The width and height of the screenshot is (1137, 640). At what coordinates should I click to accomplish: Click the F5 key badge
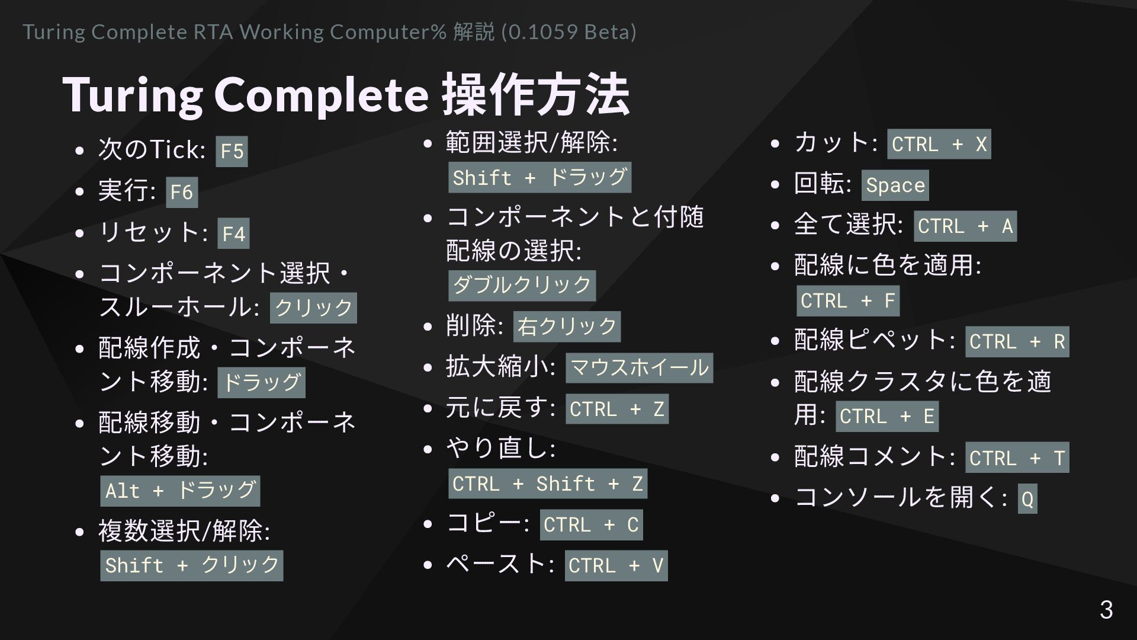point(232,151)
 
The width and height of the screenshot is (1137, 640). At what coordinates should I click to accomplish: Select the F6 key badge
point(182,192)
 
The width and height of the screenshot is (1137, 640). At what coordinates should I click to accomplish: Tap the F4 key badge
point(233,233)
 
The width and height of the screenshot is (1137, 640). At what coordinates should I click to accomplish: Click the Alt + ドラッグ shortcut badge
point(180,491)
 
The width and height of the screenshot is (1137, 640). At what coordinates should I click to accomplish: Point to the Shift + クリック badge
point(191,565)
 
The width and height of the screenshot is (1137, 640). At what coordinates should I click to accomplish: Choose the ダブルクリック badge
point(522,286)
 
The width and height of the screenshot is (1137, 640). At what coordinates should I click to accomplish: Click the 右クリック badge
point(567,327)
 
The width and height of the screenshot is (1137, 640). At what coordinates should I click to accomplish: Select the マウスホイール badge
point(639,368)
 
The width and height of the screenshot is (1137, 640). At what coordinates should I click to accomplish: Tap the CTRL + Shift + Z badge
point(547,484)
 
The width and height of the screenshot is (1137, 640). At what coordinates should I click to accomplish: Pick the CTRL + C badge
point(591,524)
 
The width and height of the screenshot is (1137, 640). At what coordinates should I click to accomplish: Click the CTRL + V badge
point(616,565)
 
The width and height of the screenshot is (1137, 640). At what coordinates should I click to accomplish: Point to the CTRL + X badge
point(939,144)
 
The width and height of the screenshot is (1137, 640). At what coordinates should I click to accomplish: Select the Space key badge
point(895,185)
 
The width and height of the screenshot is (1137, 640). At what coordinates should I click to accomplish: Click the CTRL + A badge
point(965,226)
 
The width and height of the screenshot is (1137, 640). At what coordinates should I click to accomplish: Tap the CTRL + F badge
point(847,300)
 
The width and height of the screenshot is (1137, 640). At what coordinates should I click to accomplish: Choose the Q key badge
point(1027,498)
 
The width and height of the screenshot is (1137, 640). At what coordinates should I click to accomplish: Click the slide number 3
point(1106,610)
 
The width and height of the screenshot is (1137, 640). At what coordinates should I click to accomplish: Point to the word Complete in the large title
point(321,95)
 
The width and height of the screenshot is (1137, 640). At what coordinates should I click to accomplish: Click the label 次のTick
point(150,149)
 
